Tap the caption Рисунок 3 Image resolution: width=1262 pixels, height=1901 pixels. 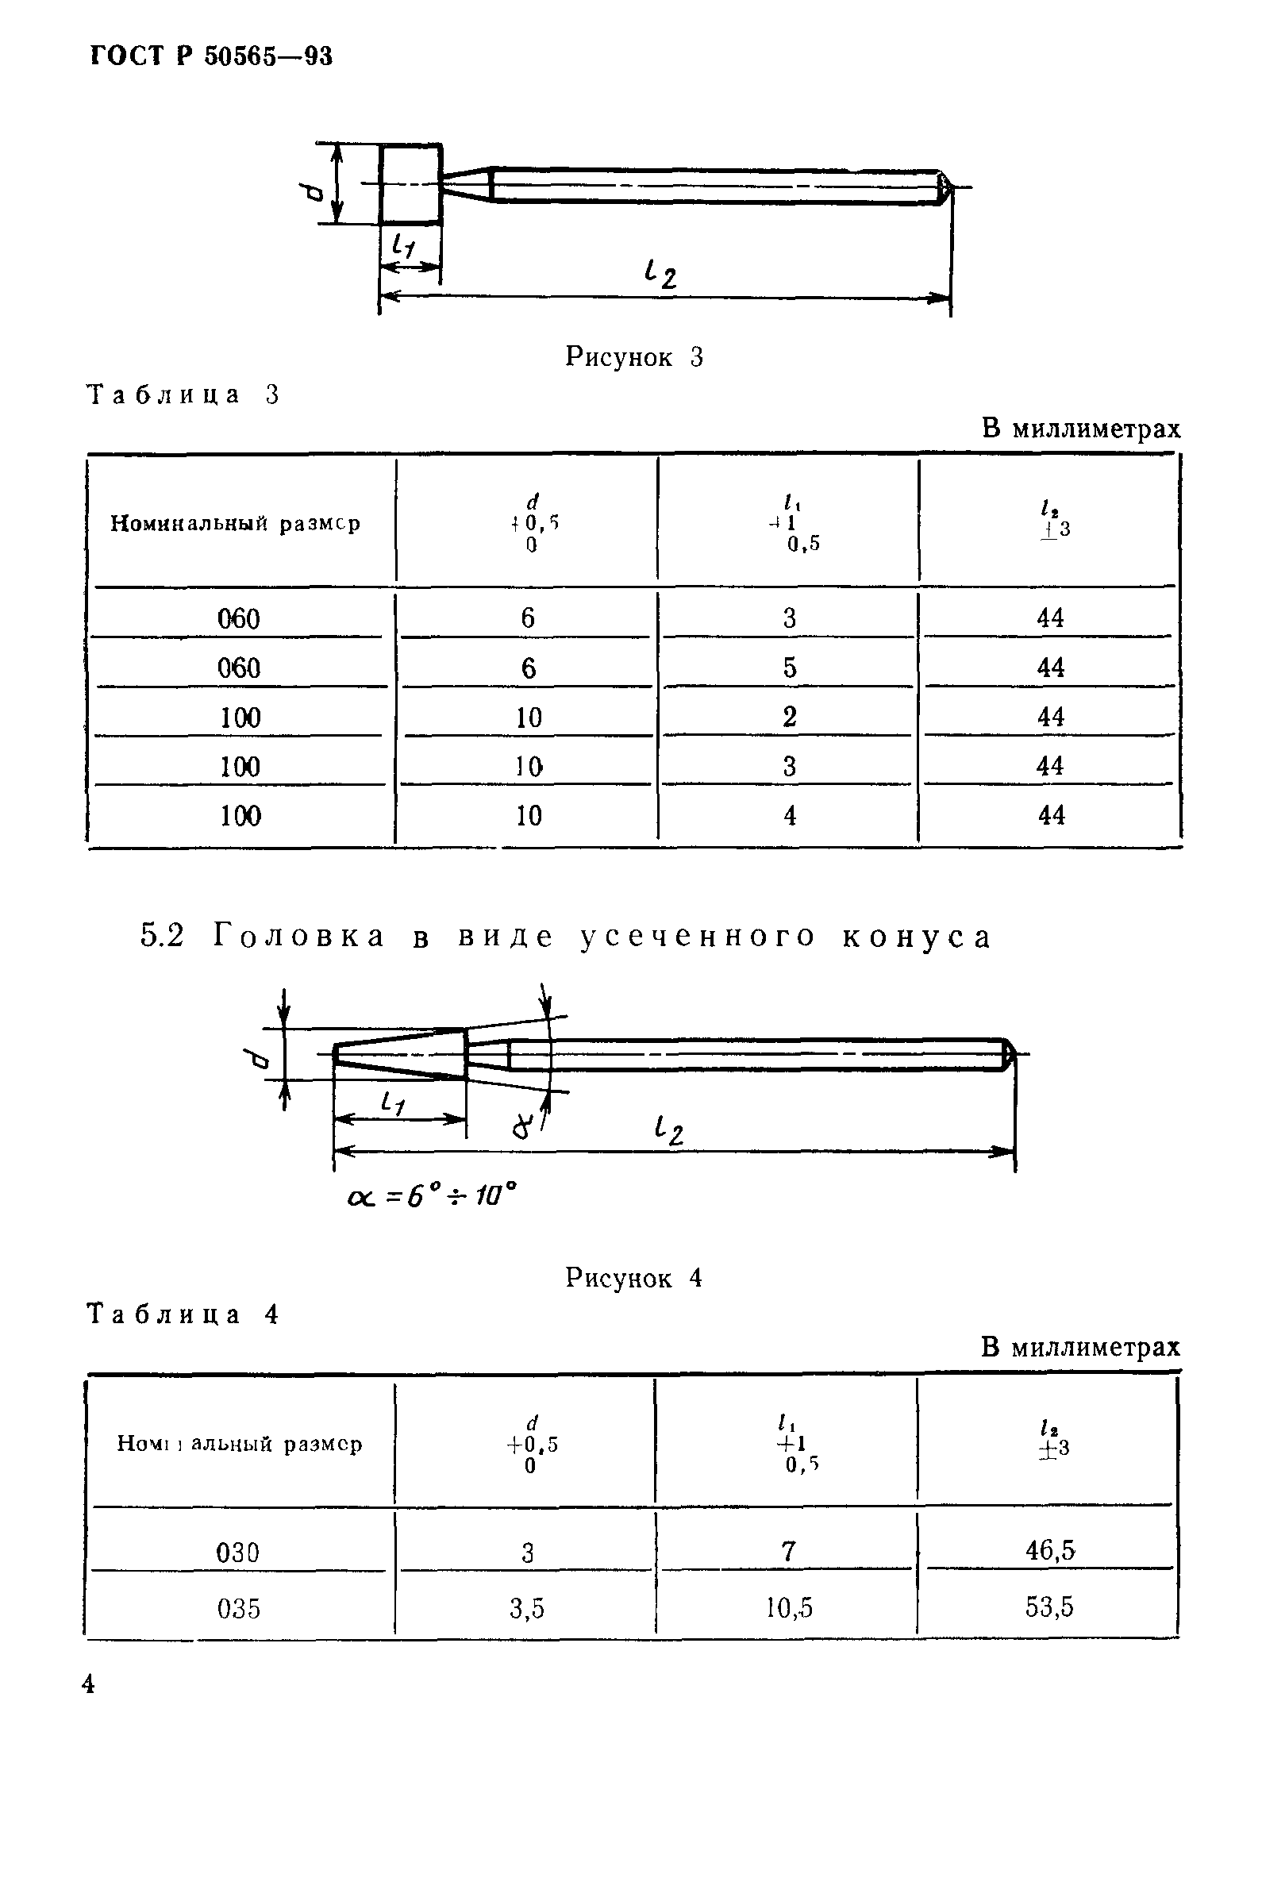pos(634,356)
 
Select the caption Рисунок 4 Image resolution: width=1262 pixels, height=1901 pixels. pos(633,1278)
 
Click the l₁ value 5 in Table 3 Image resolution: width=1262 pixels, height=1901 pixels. pos(790,668)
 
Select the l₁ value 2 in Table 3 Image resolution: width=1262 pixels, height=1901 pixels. pos(790,716)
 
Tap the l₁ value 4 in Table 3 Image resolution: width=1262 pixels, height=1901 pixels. pos(790,815)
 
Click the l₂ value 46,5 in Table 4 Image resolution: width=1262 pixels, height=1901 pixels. pos(1049,1550)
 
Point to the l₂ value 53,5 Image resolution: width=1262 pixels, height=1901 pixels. pos(1049,1607)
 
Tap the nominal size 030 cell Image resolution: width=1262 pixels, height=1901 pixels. pos(238,1552)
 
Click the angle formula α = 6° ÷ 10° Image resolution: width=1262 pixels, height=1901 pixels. pos(432,1197)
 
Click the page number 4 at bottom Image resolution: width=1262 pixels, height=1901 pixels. pos(89,1684)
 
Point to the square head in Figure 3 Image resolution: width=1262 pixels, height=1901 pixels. pos(410,184)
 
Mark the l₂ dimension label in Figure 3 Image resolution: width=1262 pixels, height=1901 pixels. pos(660,275)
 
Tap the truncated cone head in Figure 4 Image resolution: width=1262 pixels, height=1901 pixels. pos(400,1053)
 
